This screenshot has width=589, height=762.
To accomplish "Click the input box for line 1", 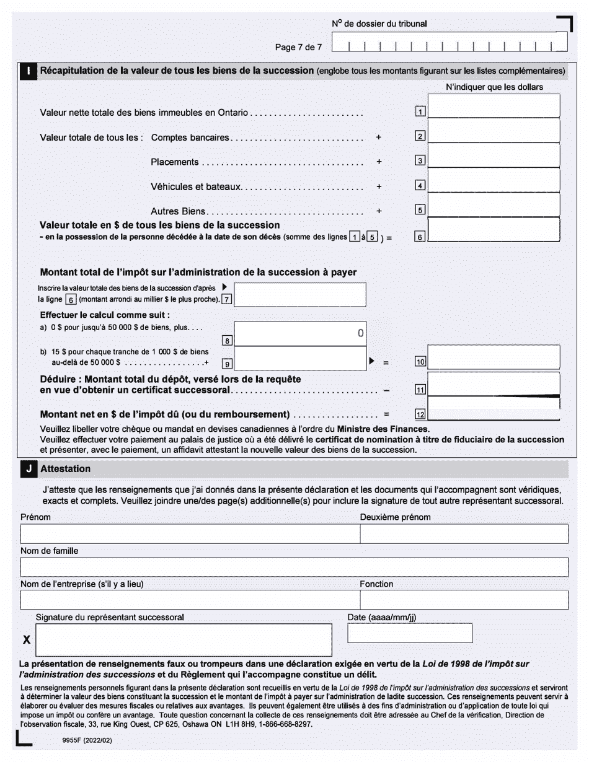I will point(494,106).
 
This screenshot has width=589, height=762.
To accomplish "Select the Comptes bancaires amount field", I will point(494,131).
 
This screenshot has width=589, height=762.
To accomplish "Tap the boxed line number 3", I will point(420,161).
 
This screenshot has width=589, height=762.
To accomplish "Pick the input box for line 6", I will point(494,229).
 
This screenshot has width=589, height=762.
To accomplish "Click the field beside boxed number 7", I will point(300,295).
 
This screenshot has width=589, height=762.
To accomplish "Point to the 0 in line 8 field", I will point(360,333).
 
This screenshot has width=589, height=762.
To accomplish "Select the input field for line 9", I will point(300,359).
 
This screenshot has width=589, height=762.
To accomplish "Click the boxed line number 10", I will point(420,362).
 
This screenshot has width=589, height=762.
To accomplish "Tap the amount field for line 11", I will point(494,383).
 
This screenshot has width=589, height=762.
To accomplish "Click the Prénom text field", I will point(190,534).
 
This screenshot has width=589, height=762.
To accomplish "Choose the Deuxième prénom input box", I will point(464,534).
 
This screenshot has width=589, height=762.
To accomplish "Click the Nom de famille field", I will point(294,567).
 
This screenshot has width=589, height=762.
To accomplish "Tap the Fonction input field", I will point(464,600).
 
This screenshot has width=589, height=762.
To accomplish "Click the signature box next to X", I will point(184,639).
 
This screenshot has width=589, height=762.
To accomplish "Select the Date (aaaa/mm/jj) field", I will point(410,633).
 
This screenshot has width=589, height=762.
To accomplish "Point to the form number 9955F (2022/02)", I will point(87,740).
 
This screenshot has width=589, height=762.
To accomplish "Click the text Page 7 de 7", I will point(298,47).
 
